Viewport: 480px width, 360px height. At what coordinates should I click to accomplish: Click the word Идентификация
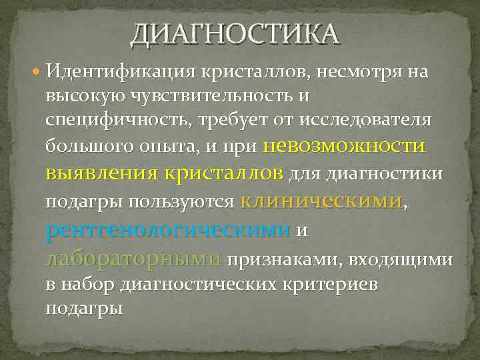pyautogui.click(x=114, y=71)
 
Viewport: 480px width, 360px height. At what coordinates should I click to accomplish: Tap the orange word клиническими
pyautogui.click(x=321, y=200)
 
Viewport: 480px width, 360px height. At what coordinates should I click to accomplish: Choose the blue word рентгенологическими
pyautogui.click(x=168, y=229)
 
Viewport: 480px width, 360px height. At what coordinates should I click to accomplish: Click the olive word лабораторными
pyautogui.click(x=133, y=258)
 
